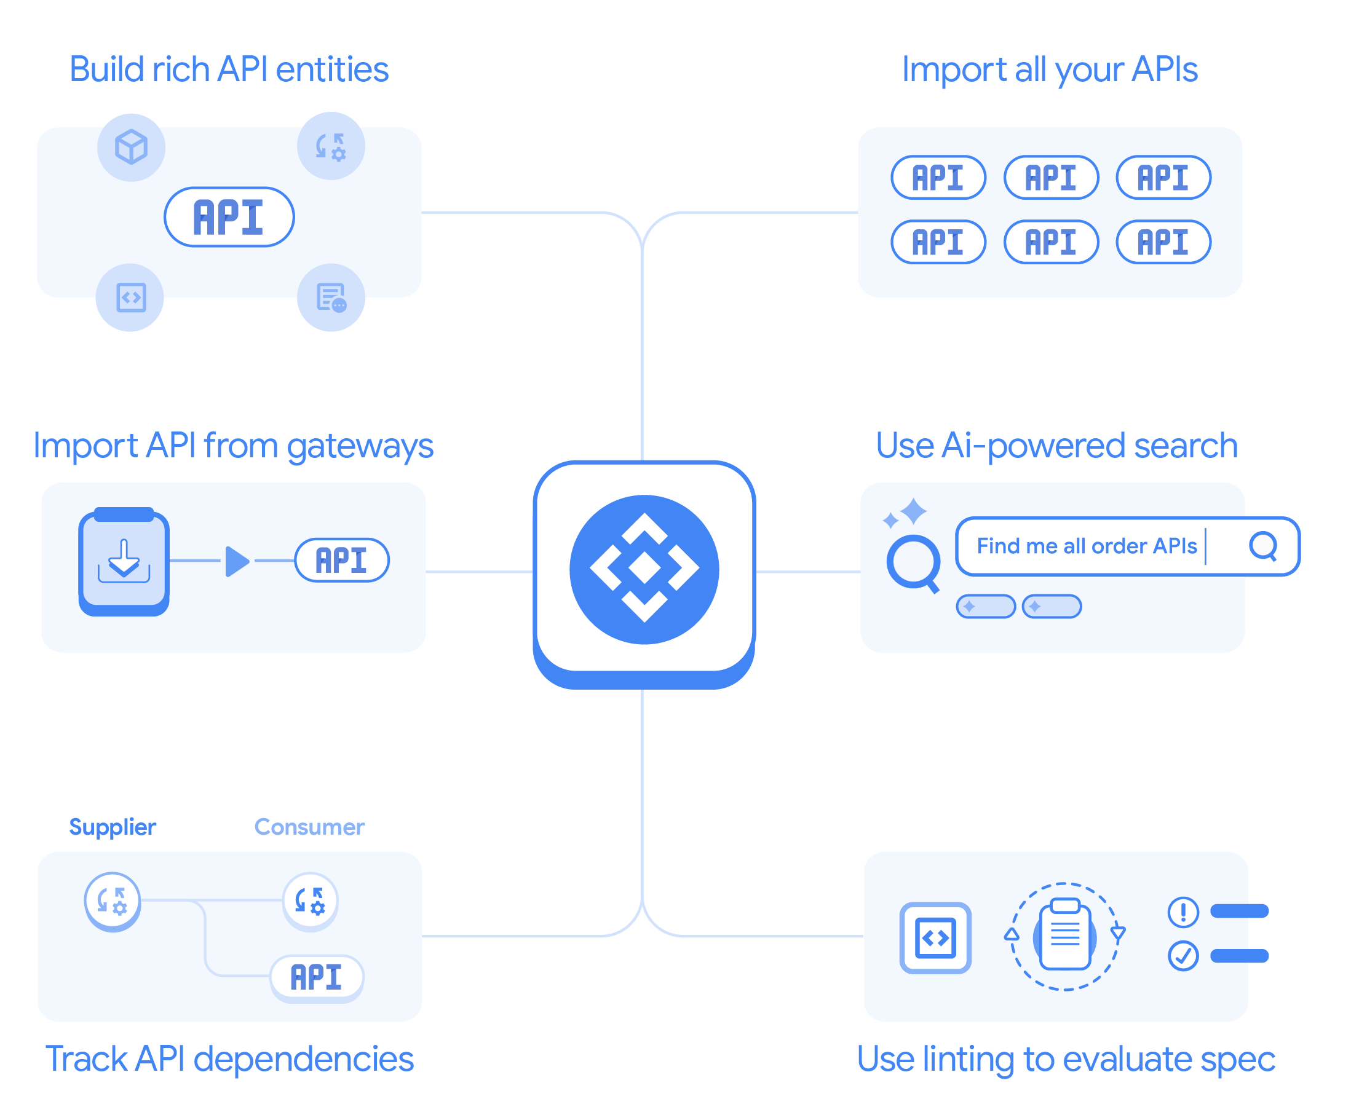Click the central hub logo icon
click(x=644, y=569)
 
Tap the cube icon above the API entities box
click(x=131, y=147)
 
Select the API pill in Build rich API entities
click(x=229, y=217)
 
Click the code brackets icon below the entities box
click(x=130, y=297)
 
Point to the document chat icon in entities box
click(x=331, y=297)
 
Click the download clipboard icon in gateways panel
click(x=124, y=561)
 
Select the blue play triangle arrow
click(x=237, y=561)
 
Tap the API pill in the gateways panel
click(x=342, y=560)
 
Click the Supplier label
click(x=113, y=827)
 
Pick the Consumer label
click(x=310, y=827)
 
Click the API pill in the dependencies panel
click(x=317, y=977)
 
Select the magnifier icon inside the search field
click(x=1263, y=546)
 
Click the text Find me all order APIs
click(x=1087, y=546)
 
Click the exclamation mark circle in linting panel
click(x=1183, y=912)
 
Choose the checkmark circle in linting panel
click(x=1183, y=956)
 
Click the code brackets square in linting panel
click(x=935, y=938)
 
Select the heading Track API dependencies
click(x=229, y=1059)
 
